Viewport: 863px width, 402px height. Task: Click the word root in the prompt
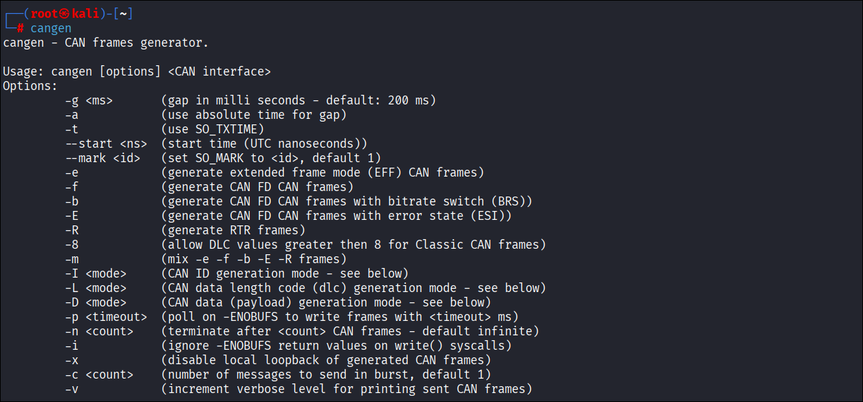(45, 14)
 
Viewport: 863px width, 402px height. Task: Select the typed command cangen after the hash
(51, 28)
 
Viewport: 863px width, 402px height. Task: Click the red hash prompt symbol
(21, 28)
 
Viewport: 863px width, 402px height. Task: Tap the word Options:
(30, 86)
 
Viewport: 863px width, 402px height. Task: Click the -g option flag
(72, 100)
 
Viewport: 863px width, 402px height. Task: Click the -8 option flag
(72, 245)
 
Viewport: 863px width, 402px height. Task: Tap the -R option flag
(72, 230)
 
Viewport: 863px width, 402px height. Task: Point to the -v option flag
(72, 389)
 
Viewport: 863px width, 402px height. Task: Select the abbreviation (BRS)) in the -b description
(512, 201)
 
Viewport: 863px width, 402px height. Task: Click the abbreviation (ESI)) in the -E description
(491, 216)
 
